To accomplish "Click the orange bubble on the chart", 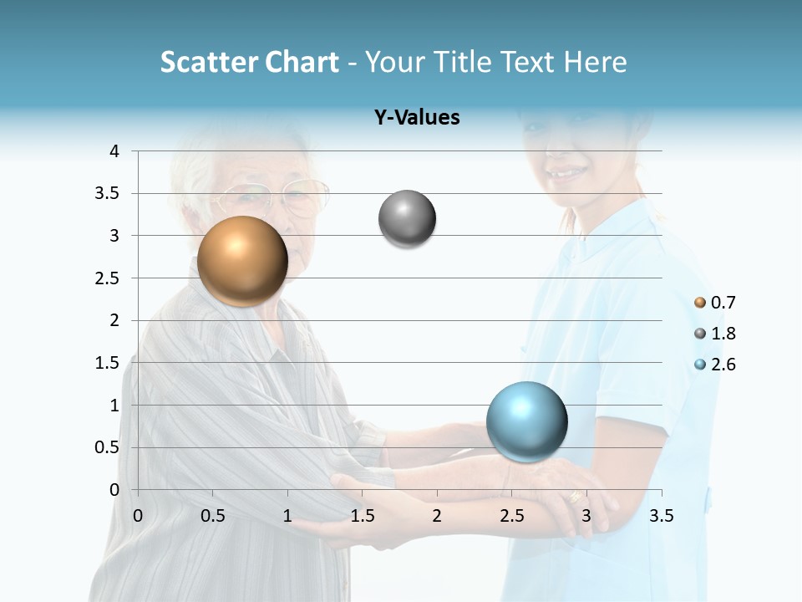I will [242, 261].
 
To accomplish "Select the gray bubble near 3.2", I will [407, 219].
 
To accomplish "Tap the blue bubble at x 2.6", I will [526, 421].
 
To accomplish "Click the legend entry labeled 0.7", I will [715, 303].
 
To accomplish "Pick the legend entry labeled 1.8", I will [715, 334].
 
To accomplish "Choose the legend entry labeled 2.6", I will [715, 365].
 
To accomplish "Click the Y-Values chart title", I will [417, 118].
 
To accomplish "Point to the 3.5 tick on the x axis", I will [661, 516].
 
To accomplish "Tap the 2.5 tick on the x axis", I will [511, 516].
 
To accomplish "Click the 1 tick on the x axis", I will [287, 516].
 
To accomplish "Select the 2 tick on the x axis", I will [437, 516].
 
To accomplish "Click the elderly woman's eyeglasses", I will [276, 199].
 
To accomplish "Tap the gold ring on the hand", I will [575, 497].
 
